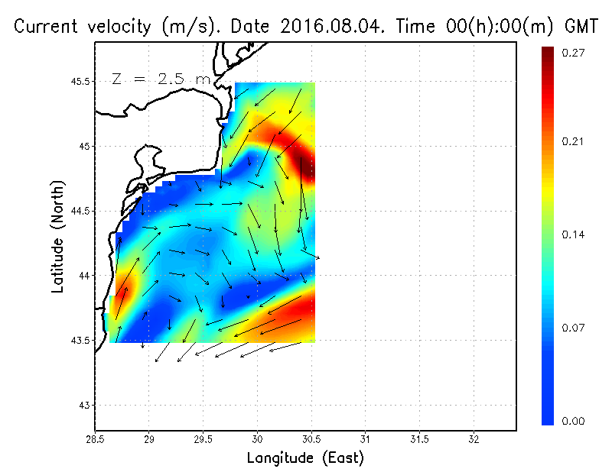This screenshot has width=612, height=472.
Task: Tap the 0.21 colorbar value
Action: coord(574,141)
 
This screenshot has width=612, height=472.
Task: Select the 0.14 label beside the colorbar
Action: coord(574,234)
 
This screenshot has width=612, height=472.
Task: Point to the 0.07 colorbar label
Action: coord(574,328)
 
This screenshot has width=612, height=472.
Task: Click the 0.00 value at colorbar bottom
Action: coord(574,421)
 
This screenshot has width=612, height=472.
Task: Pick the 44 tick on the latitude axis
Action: coord(85,275)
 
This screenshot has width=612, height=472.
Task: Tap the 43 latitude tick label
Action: coord(85,405)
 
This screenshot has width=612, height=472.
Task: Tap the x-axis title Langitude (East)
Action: coord(305,458)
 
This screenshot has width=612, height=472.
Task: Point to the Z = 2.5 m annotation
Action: coord(160,79)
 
